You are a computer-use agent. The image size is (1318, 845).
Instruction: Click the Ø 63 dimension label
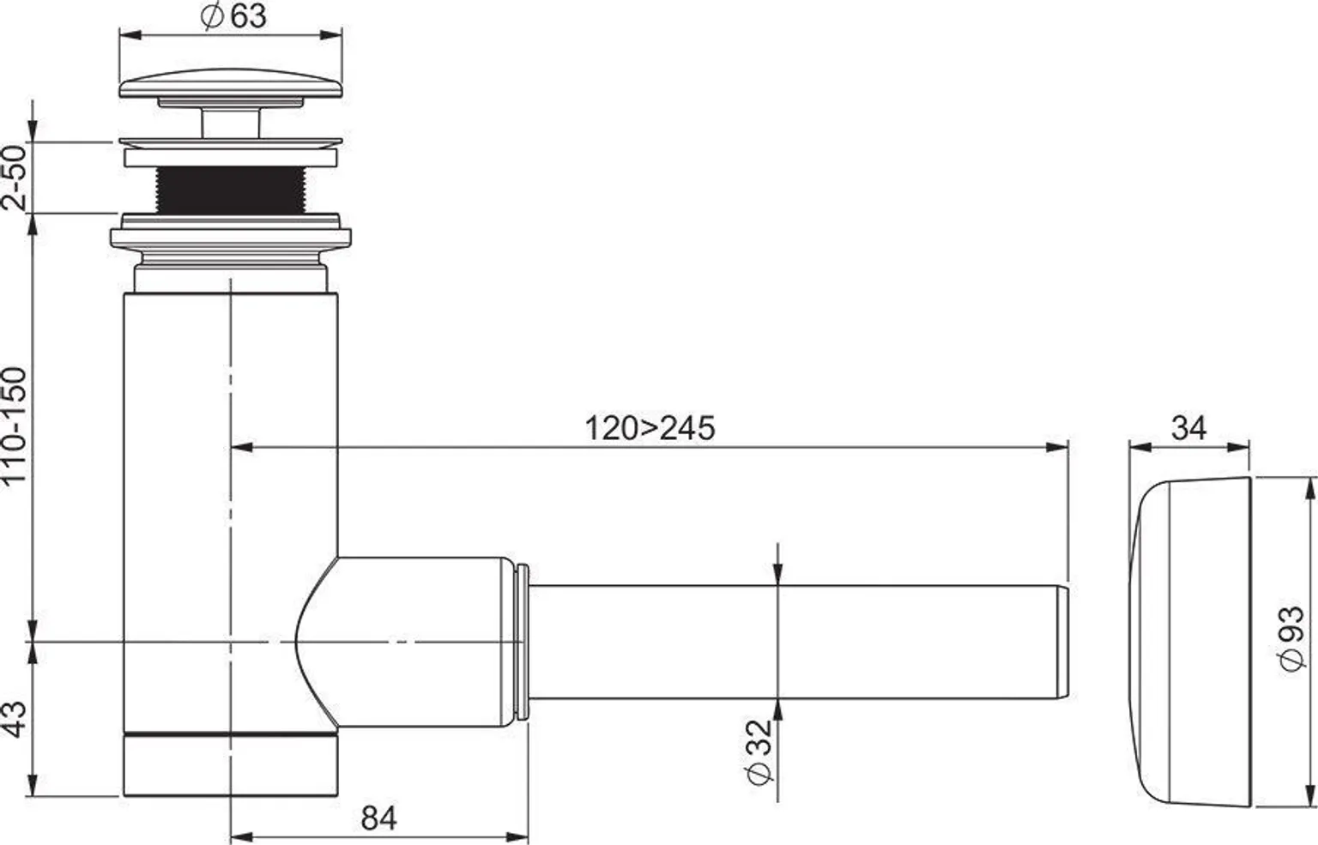(x=234, y=16)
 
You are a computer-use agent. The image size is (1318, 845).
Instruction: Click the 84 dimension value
(x=378, y=818)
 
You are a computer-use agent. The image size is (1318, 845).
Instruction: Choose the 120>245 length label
(x=650, y=428)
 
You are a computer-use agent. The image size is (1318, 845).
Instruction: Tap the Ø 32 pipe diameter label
(x=759, y=750)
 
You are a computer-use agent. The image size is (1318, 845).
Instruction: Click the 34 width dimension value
(x=1188, y=427)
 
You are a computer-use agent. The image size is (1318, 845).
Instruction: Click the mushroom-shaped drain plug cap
(x=231, y=87)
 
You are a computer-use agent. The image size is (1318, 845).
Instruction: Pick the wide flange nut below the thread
(x=230, y=237)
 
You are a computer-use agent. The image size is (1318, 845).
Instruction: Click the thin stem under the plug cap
(x=230, y=121)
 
